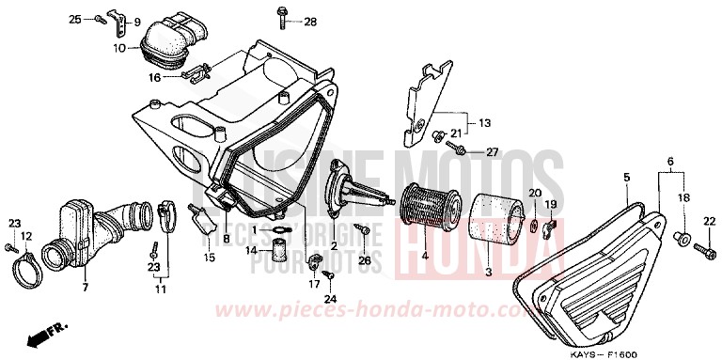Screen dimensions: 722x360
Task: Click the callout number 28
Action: [x=310, y=22]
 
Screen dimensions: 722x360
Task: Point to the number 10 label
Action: [x=120, y=47]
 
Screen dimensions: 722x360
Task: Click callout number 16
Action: [x=155, y=78]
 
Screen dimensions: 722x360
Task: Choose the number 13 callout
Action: [x=484, y=123]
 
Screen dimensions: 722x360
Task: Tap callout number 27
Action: [x=491, y=151]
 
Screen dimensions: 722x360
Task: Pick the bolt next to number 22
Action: [x=700, y=249]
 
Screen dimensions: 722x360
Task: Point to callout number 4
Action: [x=424, y=255]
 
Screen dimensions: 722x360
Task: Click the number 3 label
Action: [x=487, y=272]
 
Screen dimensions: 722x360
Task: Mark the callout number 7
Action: [x=85, y=286]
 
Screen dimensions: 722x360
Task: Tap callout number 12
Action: [x=26, y=235]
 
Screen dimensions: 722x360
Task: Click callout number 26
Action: [x=364, y=261]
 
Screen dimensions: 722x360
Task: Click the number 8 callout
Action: [x=226, y=240]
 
